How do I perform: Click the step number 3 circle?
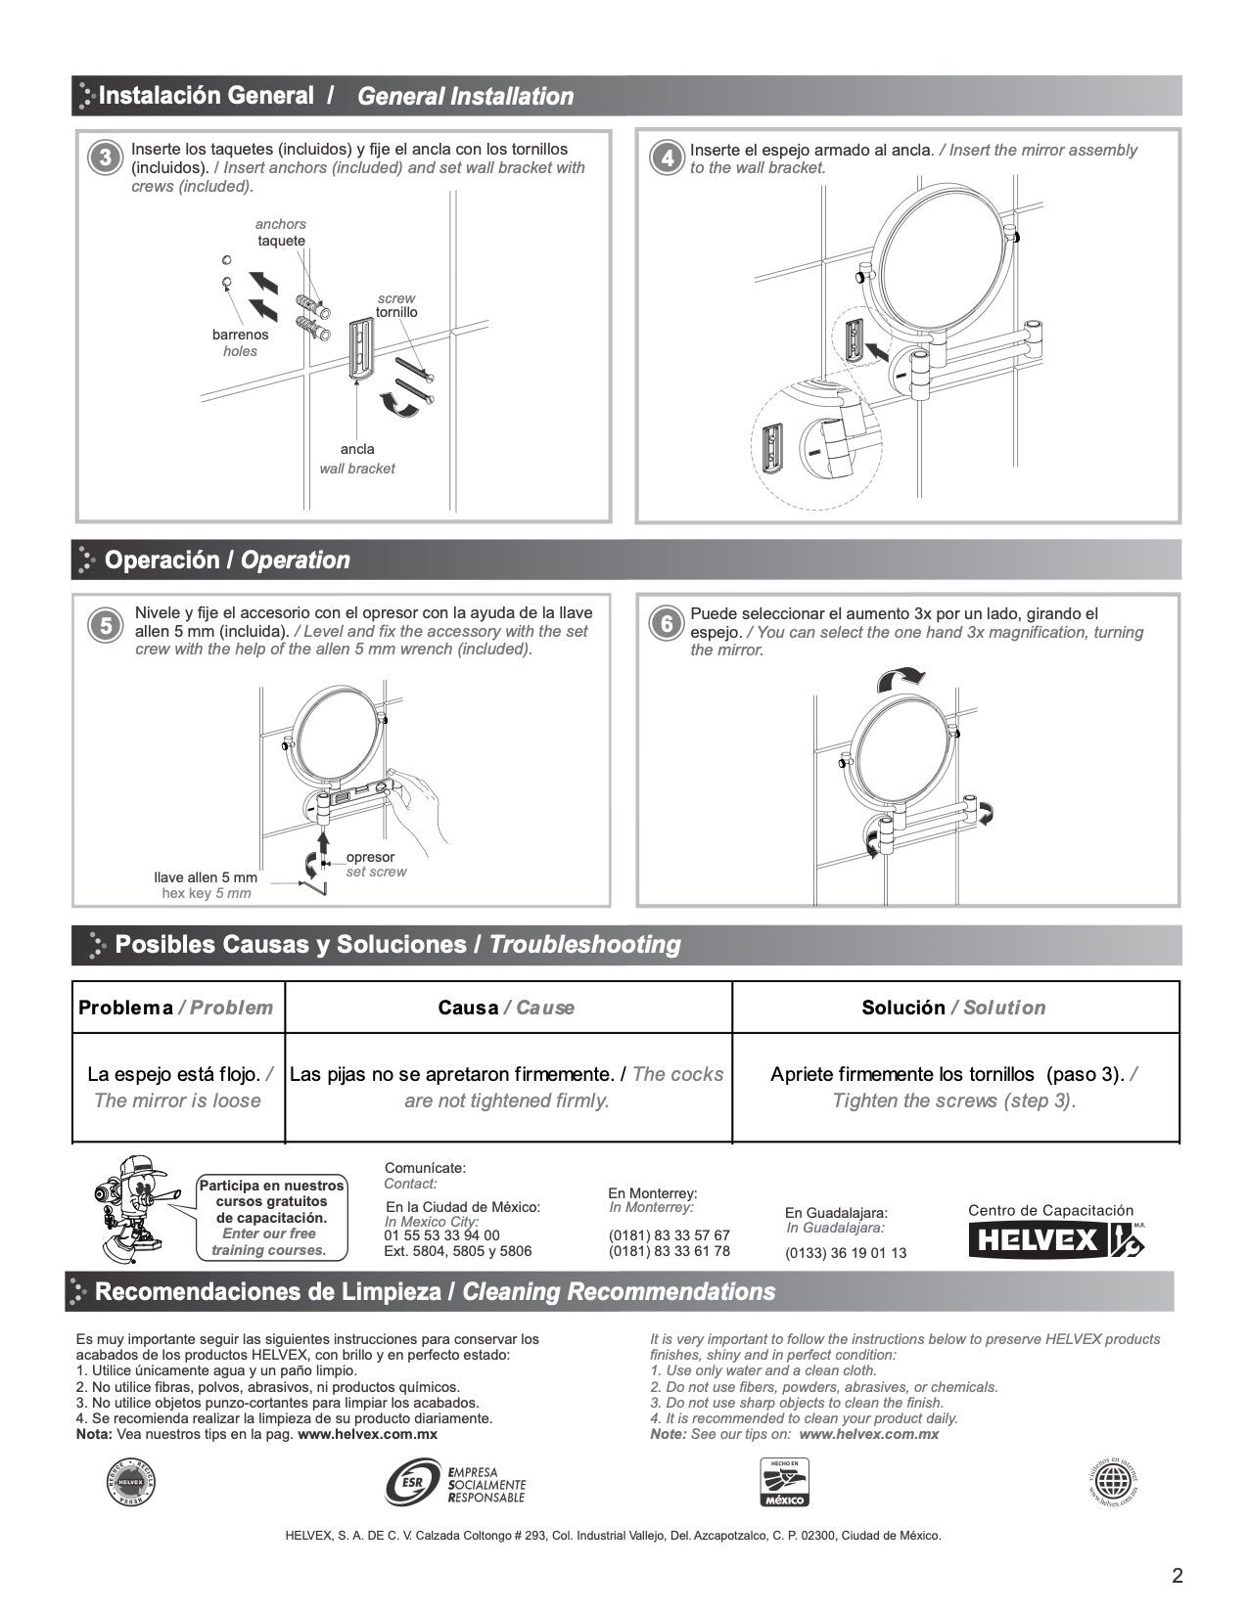pyautogui.click(x=106, y=158)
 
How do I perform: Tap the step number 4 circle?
pyautogui.click(x=666, y=158)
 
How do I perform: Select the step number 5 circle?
pyautogui.click(x=106, y=625)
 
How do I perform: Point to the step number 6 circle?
pyautogui.click(x=666, y=624)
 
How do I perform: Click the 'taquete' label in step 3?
pyautogui.click(x=281, y=241)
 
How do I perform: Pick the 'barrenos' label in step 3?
pyautogui.click(x=240, y=335)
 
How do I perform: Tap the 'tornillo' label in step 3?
pyautogui.click(x=396, y=312)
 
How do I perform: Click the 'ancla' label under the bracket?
pyautogui.click(x=357, y=449)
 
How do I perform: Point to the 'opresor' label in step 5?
pyautogui.click(x=370, y=857)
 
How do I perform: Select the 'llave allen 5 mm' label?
pyautogui.click(x=206, y=877)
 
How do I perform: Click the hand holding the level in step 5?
pyautogui.click(x=425, y=797)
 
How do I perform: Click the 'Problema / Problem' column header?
pyautogui.click(x=176, y=1008)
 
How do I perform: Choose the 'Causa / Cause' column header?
pyautogui.click(x=506, y=1008)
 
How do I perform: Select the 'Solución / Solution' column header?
pyautogui.click(x=953, y=1008)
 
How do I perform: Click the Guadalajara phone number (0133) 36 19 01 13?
pyautogui.click(x=846, y=1253)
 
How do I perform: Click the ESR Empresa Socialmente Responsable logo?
pyautogui.click(x=456, y=1483)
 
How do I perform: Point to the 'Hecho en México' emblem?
pyautogui.click(x=784, y=1482)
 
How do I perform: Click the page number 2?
pyautogui.click(x=1177, y=1576)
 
